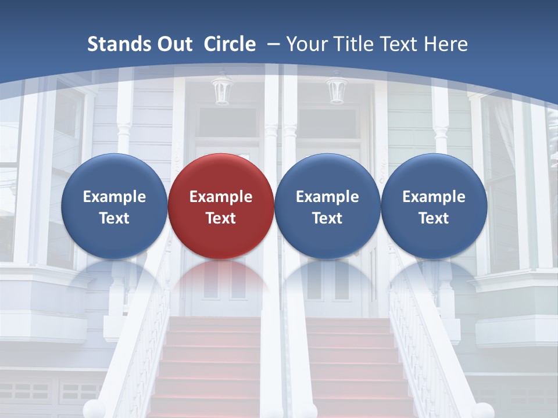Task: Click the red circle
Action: tap(221, 206)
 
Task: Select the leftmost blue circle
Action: tap(114, 206)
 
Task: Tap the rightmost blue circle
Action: tap(434, 206)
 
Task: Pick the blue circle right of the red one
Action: tap(327, 206)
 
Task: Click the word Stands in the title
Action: tap(120, 44)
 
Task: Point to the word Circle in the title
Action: tap(230, 44)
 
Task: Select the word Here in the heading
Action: tap(448, 44)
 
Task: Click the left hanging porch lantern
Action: tap(222, 90)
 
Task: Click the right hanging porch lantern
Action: tap(337, 90)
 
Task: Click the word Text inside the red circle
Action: tap(221, 218)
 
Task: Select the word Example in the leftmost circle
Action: tap(114, 197)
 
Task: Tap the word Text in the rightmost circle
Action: tap(434, 218)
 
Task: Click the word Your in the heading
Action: tap(305, 44)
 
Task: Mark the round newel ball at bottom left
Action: tap(94, 409)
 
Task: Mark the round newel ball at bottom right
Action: tap(482, 410)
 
